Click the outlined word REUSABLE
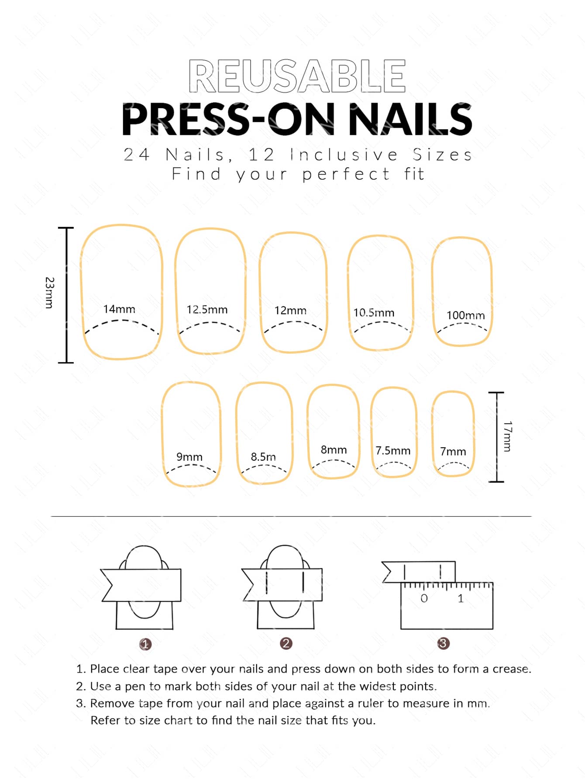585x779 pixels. pos(297,76)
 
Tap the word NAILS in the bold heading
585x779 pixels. pos(410,119)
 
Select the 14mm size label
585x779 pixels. pos(119,309)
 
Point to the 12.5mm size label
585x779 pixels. pos(207,309)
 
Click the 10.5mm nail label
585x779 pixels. pos(374,312)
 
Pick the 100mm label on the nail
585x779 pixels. pos(465,315)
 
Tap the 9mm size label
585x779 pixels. pos(189,457)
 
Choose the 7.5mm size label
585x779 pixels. pos(393,450)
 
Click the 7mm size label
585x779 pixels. pos(453,451)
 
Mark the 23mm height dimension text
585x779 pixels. pos(49,293)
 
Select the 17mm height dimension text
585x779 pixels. pos(507,436)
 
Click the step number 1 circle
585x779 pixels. pos(145,644)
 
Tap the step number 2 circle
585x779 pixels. pos(286,643)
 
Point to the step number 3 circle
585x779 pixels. pos(443,643)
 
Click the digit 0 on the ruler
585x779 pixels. pos(424,598)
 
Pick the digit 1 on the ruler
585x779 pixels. pos(461,598)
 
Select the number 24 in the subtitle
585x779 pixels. pos(137,154)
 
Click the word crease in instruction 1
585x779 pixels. pos(511,669)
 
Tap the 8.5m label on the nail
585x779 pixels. pos(263,457)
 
